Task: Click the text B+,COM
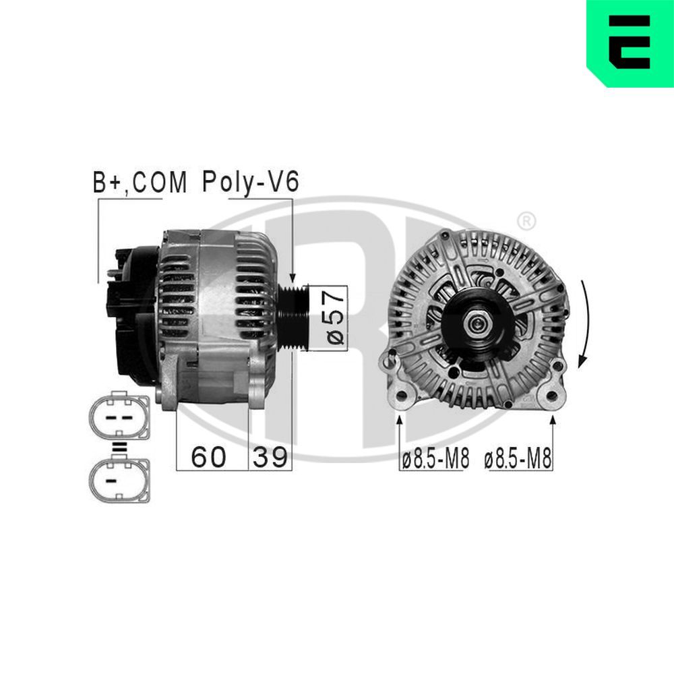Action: click(140, 183)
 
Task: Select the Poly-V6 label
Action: click(249, 183)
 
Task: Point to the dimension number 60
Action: click(208, 457)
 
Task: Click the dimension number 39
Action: click(270, 457)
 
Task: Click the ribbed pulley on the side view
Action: click(294, 316)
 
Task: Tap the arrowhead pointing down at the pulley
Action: click(293, 278)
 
